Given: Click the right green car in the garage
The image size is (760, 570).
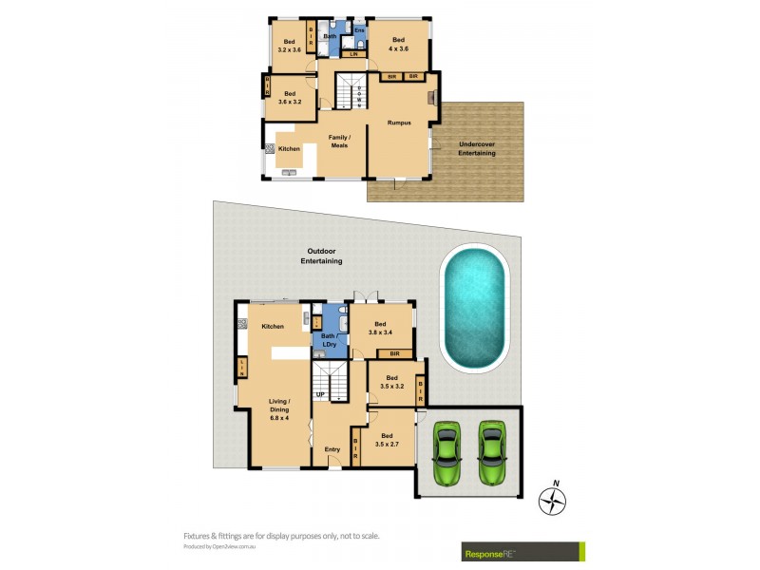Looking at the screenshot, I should point(491,452).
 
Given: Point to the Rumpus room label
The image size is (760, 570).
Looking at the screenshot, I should point(399,123).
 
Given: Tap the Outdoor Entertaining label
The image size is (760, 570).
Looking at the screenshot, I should point(321,256).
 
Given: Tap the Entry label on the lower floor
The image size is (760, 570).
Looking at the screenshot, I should point(332,449).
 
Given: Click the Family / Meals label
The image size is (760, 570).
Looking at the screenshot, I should point(339,142).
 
